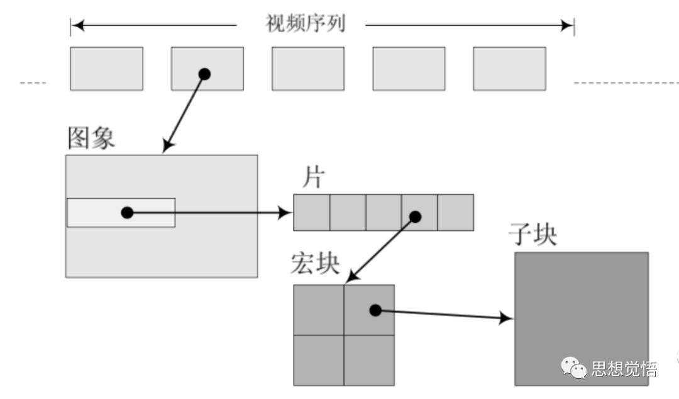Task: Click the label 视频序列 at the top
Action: point(305,25)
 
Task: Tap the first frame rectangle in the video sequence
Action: point(106,69)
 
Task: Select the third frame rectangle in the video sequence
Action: point(308,69)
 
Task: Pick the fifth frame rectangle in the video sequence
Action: point(509,69)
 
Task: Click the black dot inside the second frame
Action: point(204,74)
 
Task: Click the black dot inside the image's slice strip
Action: point(127,213)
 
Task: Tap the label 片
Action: point(312,179)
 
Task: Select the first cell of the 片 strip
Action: point(312,213)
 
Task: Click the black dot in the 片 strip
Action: point(415,217)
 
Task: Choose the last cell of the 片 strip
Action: point(455,213)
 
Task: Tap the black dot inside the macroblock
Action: point(375,310)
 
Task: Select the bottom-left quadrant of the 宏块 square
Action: point(319,360)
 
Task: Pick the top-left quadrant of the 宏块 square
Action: point(319,310)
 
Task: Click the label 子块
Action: point(532,235)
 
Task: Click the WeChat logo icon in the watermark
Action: point(573,368)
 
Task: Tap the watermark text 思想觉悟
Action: point(624,369)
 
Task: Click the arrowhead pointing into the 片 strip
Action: point(286,213)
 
